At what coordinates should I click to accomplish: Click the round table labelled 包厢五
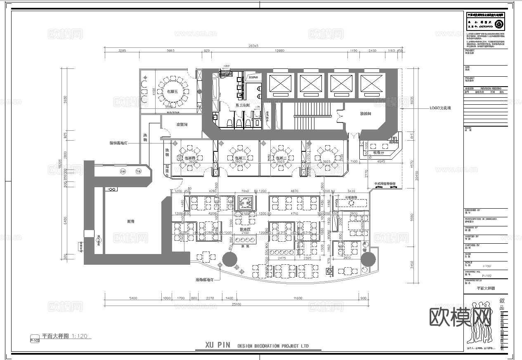click(x=172, y=92)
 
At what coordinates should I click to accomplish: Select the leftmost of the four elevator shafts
click(x=280, y=84)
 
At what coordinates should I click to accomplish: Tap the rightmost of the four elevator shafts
click(x=371, y=84)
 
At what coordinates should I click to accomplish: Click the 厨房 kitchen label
click(x=131, y=221)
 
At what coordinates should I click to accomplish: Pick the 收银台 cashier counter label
click(x=378, y=152)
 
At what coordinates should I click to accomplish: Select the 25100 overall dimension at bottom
click(x=236, y=304)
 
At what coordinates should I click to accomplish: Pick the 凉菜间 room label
click(x=182, y=124)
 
